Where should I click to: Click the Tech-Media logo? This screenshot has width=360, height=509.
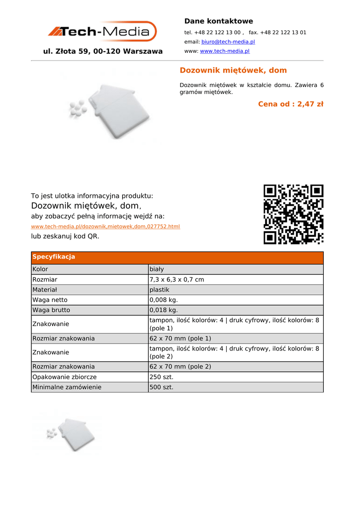click(x=102, y=32)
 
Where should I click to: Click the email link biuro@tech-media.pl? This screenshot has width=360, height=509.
click(x=228, y=42)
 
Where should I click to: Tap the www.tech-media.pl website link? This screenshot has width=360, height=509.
click(x=225, y=51)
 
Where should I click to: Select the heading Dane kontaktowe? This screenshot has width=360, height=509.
click(x=218, y=21)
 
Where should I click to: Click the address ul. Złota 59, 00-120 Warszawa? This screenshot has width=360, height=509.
click(x=103, y=51)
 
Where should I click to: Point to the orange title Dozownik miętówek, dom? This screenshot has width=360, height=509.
click(x=233, y=70)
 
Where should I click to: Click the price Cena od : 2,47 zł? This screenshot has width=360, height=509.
click(x=290, y=104)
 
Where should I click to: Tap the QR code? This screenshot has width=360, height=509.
click(x=293, y=214)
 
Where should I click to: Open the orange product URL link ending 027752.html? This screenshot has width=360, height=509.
click(x=105, y=227)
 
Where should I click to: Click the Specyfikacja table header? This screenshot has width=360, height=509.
click(x=54, y=257)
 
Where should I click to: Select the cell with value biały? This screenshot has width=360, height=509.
click(x=157, y=269)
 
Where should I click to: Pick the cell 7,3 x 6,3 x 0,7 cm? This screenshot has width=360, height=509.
click(x=177, y=280)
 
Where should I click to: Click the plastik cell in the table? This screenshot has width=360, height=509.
click(x=159, y=290)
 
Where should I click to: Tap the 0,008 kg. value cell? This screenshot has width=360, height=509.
click(x=163, y=300)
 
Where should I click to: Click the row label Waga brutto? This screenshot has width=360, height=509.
click(x=51, y=310)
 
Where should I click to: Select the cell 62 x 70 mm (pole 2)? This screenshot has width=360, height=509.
click(x=180, y=367)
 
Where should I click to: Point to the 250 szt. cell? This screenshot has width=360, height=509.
click(x=161, y=377)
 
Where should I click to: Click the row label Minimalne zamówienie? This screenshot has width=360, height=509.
click(x=67, y=387)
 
